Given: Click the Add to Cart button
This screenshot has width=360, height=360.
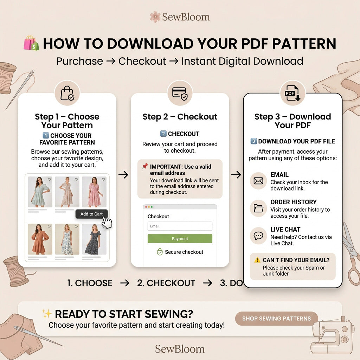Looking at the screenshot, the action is click(91, 214).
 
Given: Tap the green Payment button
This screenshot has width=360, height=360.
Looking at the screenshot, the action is click(180, 239).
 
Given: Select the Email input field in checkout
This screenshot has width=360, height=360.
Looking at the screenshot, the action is click(180, 226).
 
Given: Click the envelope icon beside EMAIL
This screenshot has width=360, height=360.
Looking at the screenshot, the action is click(258, 181).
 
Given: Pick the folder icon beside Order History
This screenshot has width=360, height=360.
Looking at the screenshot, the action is click(258, 208).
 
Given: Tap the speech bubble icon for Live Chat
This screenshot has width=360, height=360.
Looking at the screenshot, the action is click(258, 236).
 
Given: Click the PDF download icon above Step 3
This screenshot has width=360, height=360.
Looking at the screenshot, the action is click(292, 93).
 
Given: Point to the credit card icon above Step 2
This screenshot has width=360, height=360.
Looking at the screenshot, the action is click(180, 94).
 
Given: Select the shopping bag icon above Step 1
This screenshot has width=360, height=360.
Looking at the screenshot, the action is click(67, 93).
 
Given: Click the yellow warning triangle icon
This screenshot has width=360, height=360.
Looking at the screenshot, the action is click(257, 260).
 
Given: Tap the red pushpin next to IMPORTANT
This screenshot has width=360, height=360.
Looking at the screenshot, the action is click(144, 166).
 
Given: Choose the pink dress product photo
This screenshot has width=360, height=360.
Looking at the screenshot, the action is click(94, 192).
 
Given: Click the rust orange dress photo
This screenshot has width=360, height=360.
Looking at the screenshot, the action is click(40, 239).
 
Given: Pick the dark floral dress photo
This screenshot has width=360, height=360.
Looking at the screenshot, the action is click(94, 239).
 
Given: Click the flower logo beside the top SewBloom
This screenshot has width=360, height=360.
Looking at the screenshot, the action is click(155, 17).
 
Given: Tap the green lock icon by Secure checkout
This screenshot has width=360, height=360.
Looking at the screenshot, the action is click(160, 252).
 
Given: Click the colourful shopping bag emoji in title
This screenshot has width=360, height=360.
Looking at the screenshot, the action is click(31, 43).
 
